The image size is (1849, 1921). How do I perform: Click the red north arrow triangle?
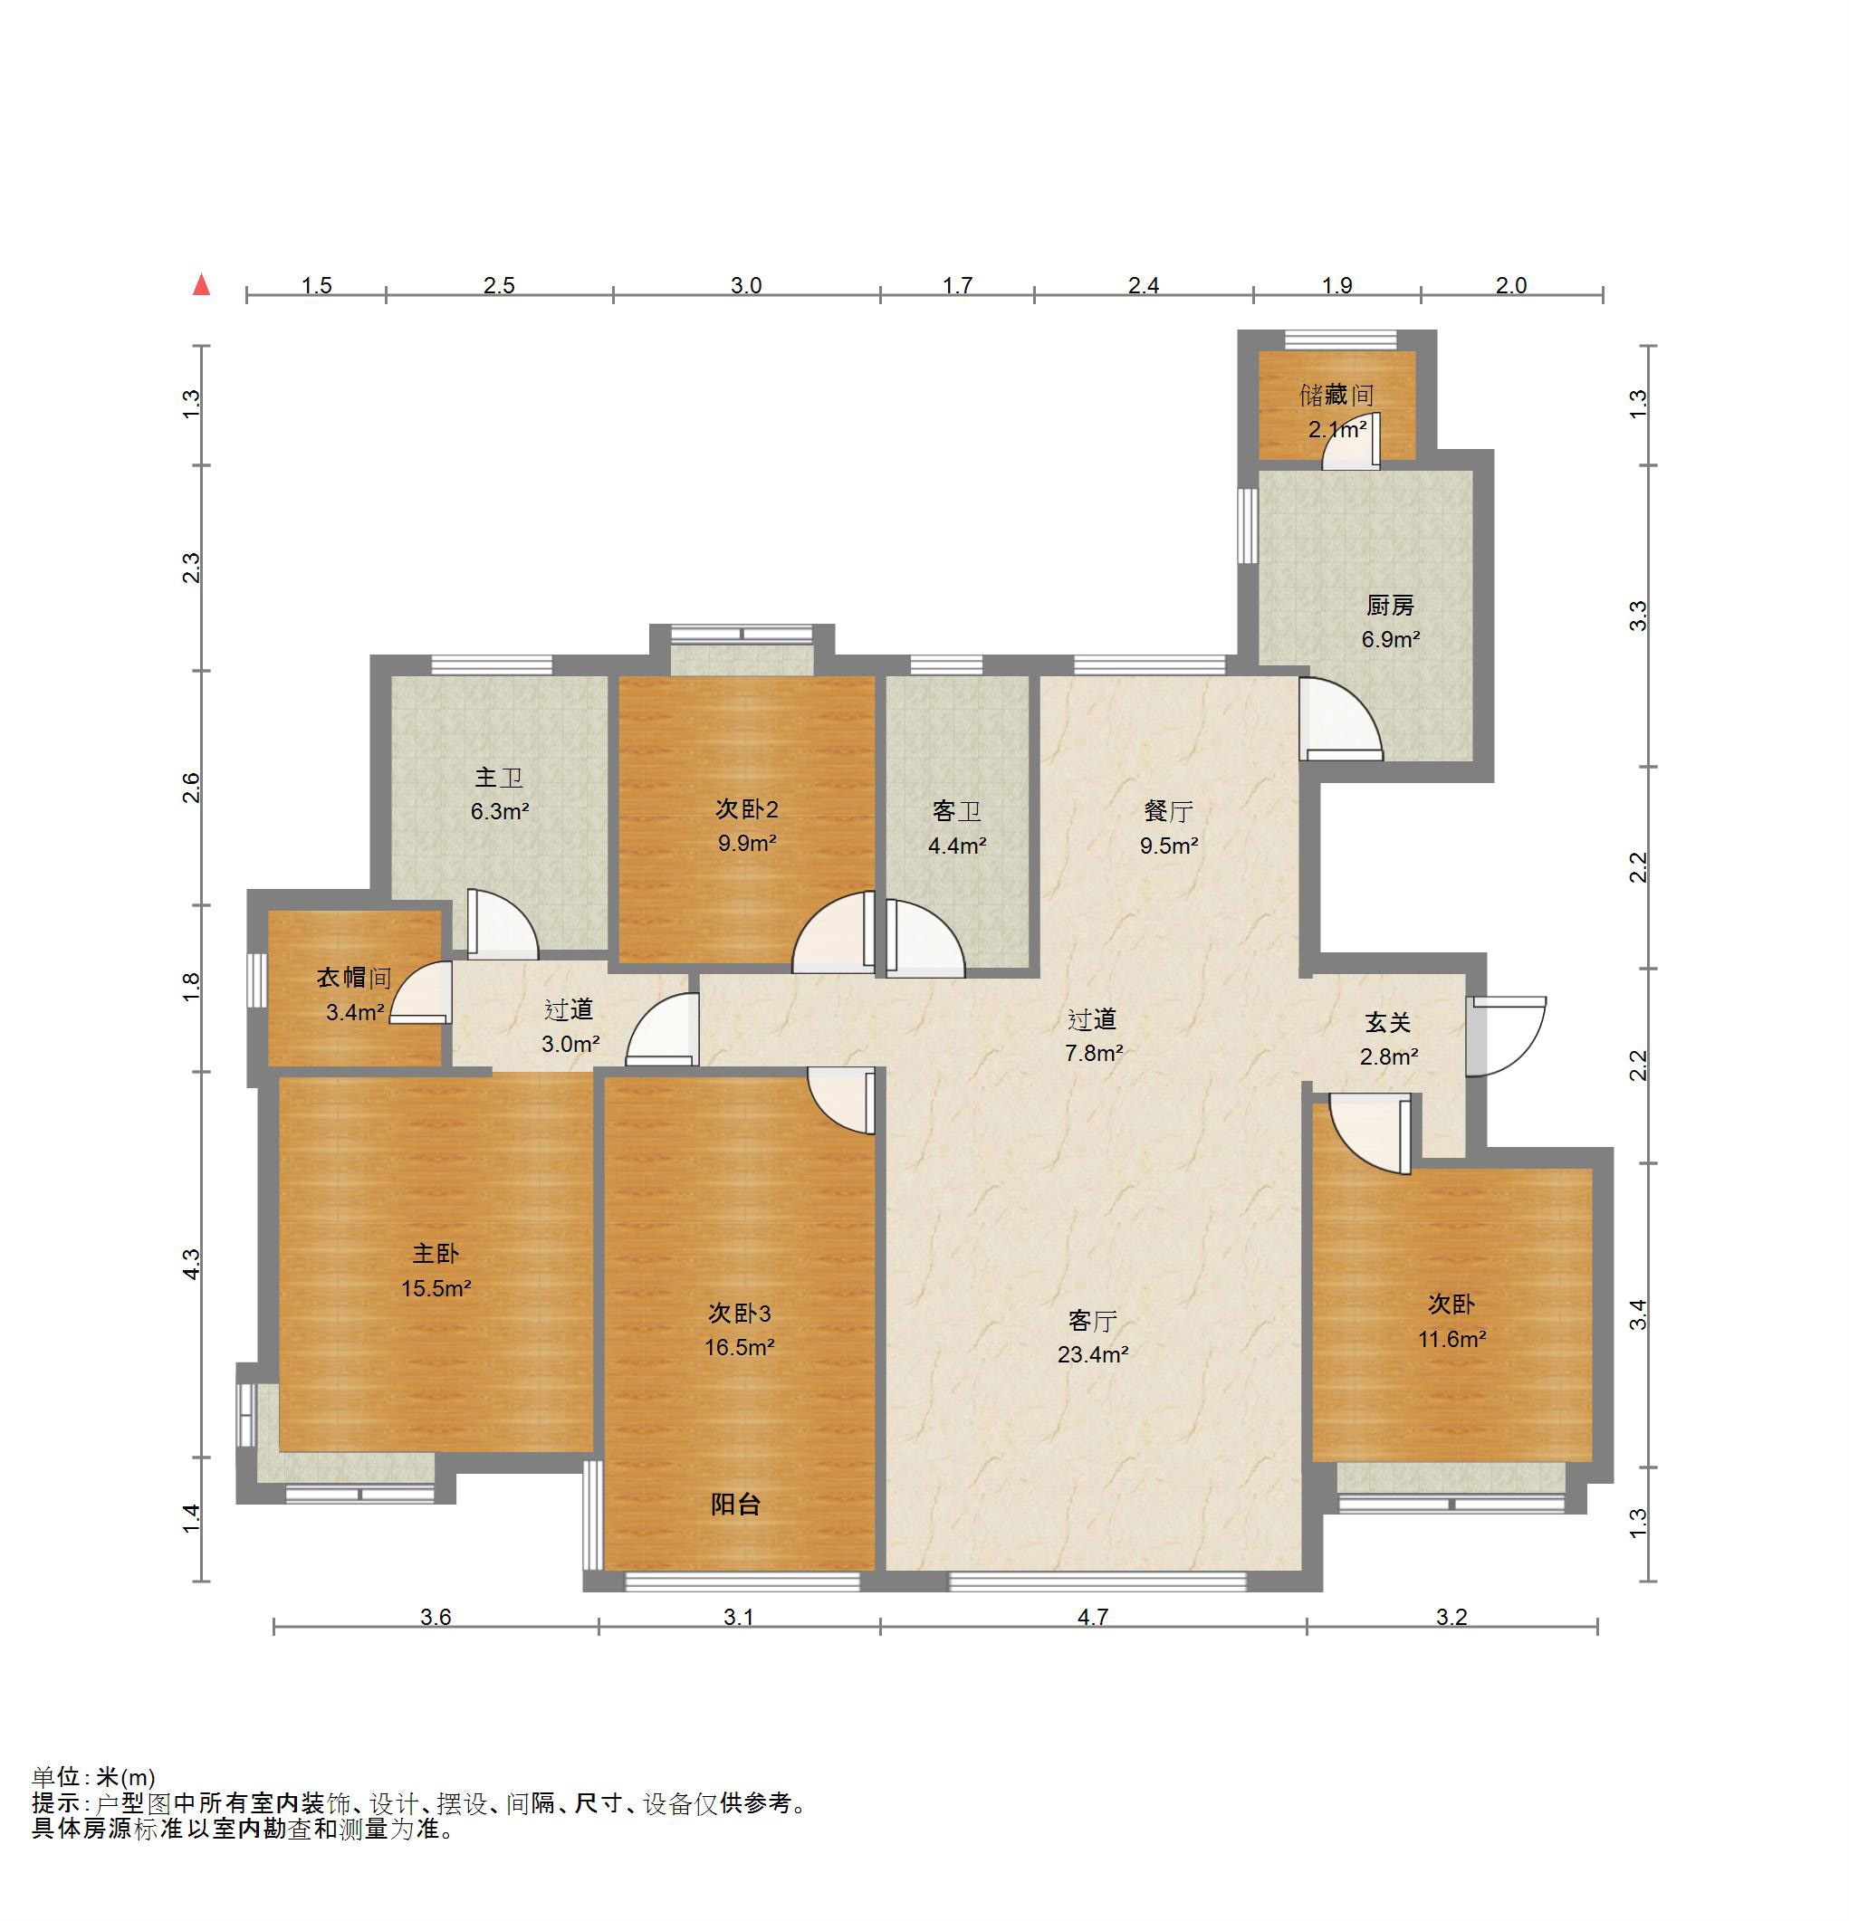click(x=201, y=285)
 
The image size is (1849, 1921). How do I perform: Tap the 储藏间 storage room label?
click(x=1336, y=395)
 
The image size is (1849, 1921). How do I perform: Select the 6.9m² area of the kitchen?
click(x=1390, y=640)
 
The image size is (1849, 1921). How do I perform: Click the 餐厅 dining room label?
click(x=1168, y=811)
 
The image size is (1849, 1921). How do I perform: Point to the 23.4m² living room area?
click(x=1092, y=1355)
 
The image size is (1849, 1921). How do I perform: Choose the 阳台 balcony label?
click(x=735, y=1505)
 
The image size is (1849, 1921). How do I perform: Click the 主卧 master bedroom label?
click(x=436, y=1254)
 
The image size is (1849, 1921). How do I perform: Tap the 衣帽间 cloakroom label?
click(x=354, y=977)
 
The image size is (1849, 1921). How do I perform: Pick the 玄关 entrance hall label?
click(x=1388, y=1023)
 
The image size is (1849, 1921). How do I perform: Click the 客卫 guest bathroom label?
click(x=956, y=811)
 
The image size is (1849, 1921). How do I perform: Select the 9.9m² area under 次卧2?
click(x=747, y=844)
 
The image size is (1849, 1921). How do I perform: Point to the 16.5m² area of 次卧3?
click(x=739, y=1348)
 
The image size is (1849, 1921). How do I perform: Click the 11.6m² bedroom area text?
click(x=1452, y=1339)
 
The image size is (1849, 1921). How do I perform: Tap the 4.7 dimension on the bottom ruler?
click(x=1092, y=1617)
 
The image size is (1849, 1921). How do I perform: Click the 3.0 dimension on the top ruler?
click(x=746, y=285)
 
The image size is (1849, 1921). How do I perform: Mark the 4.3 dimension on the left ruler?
click(x=191, y=1264)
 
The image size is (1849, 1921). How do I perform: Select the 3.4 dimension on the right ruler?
click(x=1638, y=1314)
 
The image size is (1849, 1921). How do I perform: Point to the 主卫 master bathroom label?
click(x=498, y=779)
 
